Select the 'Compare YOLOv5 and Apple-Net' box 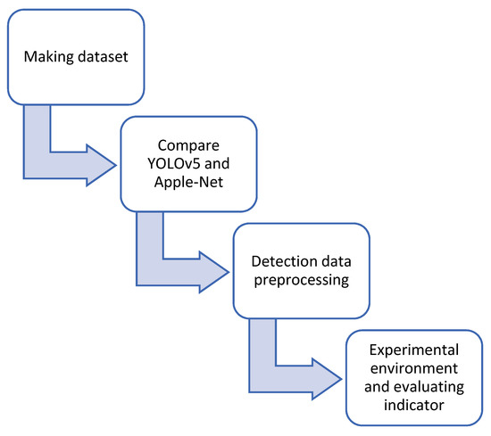click(x=188, y=166)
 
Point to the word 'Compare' click(x=189, y=145)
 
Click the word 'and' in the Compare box click(x=211, y=166)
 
